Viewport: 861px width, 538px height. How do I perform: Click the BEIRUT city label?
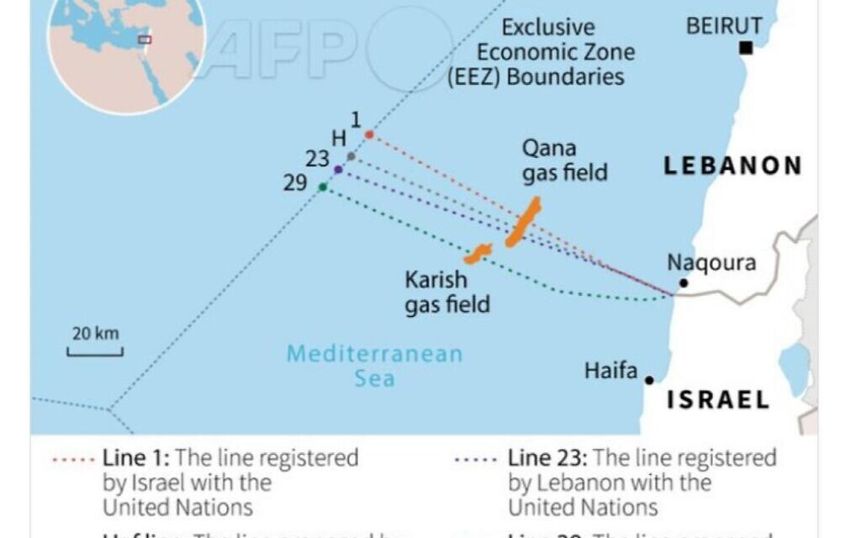724,26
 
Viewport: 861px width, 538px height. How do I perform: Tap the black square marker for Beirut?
745,49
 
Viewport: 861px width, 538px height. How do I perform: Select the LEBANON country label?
732,166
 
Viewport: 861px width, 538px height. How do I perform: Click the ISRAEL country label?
718,400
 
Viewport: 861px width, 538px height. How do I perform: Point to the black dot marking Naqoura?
684,283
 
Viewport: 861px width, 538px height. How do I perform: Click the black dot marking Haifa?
649,381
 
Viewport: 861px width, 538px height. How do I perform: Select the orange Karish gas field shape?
478,252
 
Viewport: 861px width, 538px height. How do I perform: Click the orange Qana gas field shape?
523,223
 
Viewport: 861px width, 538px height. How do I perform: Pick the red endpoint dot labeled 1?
368,134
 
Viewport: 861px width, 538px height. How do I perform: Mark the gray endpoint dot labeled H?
351,156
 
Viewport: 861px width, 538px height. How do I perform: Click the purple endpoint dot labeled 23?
338,170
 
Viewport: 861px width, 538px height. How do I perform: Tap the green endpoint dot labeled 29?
323,187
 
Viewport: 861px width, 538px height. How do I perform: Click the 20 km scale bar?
95,351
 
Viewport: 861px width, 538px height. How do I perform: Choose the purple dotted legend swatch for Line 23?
477,460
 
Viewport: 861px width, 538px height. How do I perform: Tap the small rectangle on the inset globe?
145,40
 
